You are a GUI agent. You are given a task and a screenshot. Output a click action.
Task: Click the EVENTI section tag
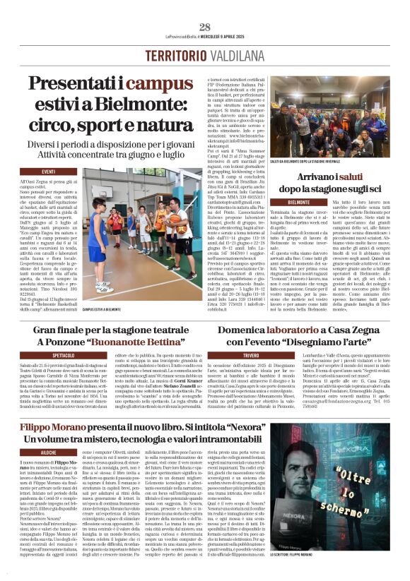(49, 172)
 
